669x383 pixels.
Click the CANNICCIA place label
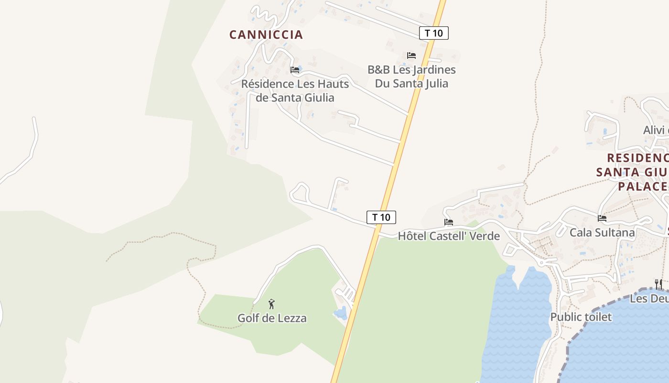pyautogui.click(x=266, y=34)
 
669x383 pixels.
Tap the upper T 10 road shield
pyautogui.click(x=434, y=33)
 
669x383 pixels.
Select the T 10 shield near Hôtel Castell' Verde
pyautogui.click(x=381, y=217)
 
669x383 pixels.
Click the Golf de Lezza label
pyautogui.click(x=272, y=318)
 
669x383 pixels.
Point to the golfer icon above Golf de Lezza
pyautogui.click(x=271, y=304)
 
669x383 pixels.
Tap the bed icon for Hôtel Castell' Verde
pyautogui.click(x=449, y=222)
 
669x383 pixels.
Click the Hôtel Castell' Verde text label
pyautogui.click(x=449, y=236)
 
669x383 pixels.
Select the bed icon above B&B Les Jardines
pyautogui.click(x=411, y=56)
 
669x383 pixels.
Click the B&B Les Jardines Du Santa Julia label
pyautogui.click(x=411, y=77)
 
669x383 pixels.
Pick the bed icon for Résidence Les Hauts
pyautogui.click(x=295, y=70)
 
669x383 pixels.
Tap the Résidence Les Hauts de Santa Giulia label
pyautogui.click(x=295, y=90)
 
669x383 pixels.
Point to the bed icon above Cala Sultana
pyautogui.click(x=602, y=218)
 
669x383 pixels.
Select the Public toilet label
pyautogui.click(x=581, y=317)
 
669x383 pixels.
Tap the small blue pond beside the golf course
pyautogui.click(x=340, y=314)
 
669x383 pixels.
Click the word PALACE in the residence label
pyautogui.click(x=643, y=186)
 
